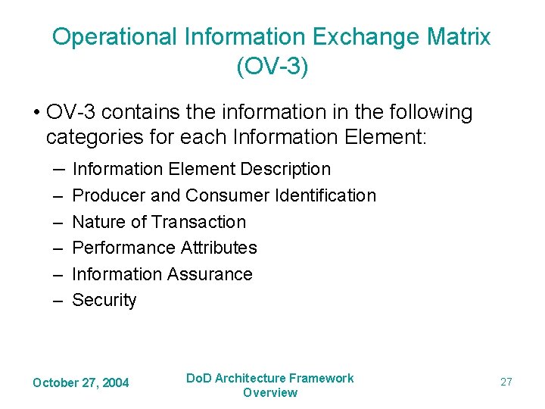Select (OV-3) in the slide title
click(x=272, y=67)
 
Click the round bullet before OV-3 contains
click(x=36, y=114)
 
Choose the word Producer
click(x=109, y=195)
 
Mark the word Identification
click(x=325, y=195)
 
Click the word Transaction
click(x=199, y=222)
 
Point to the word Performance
click(x=124, y=248)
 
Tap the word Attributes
click(x=220, y=248)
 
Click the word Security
click(x=104, y=301)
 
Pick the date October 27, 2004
click(x=81, y=383)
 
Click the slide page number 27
click(x=506, y=382)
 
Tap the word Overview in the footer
click(x=270, y=392)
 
